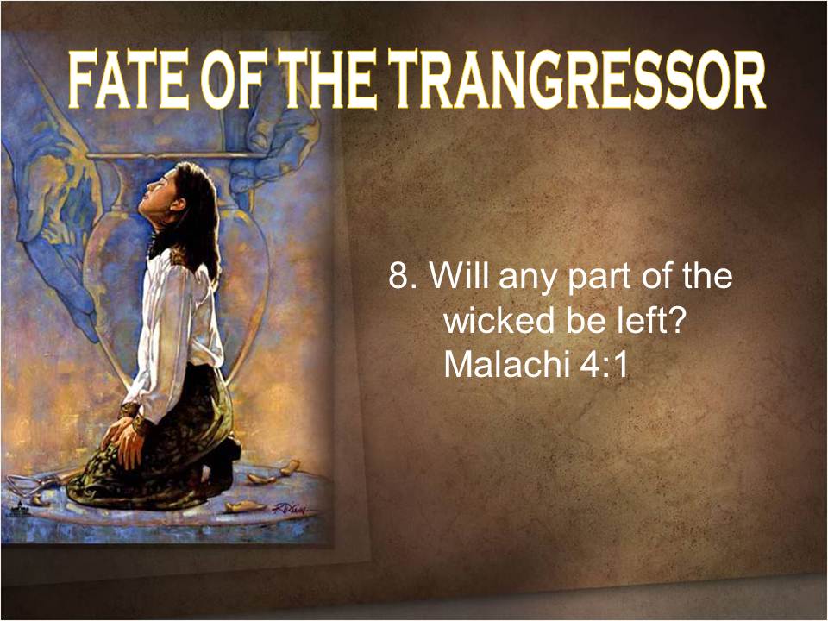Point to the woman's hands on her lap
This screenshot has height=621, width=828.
click(x=122, y=439)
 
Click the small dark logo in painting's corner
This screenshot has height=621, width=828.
click(x=21, y=508)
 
